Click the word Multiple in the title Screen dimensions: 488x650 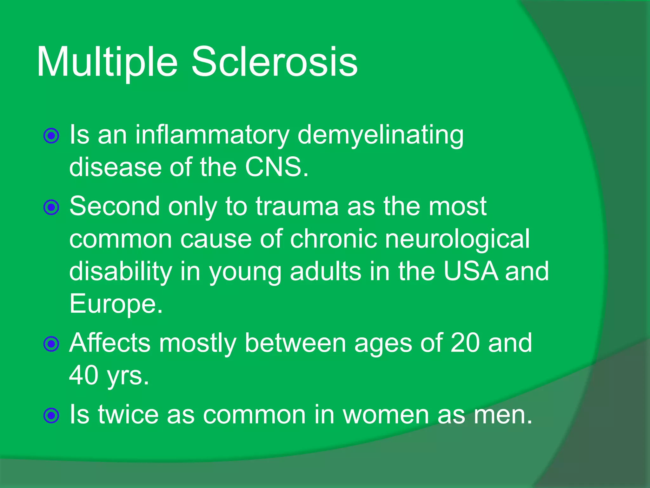pyautogui.click(x=107, y=62)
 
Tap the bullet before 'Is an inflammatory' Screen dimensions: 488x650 pyautogui.click(x=51, y=136)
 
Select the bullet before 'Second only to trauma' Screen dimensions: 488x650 pyautogui.click(x=51, y=207)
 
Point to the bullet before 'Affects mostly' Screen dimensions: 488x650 pyautogui.click(x=51, y=344)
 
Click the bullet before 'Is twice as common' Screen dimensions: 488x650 pyautogui.click(x=51, y=415)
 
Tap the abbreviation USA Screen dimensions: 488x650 pyautogui.click(x=470, y=272)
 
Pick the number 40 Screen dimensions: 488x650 pyautogui.click(x=83, y=376)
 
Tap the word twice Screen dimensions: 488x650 pyautogui.click(x=128, y=415)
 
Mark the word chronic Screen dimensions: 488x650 pyautogui.click(x=333, y=239)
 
